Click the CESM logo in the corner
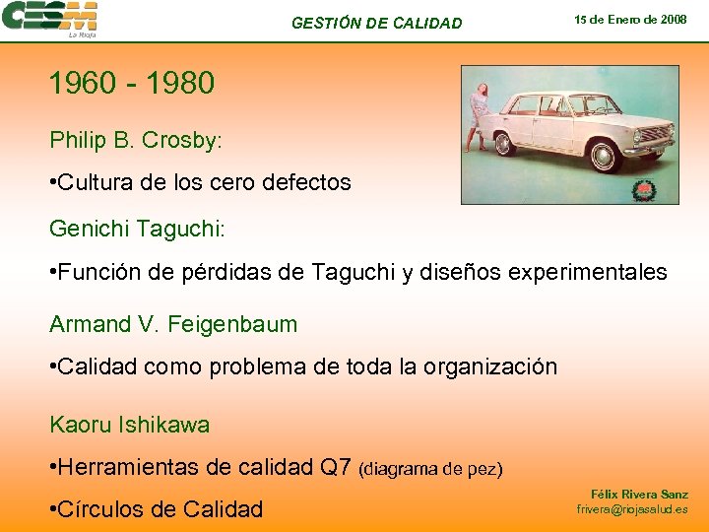point(50,19)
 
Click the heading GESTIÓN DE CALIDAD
point(376,23)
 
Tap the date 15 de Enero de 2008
point(630,20)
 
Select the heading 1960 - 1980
point(132,84)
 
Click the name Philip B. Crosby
point(136,140)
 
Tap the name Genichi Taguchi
point(137,229)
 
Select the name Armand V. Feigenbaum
point(173,323)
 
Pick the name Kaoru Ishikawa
point(129,426)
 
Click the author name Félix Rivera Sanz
point(639,494)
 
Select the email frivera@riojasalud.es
point(632,509)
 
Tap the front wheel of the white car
point(602,156)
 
